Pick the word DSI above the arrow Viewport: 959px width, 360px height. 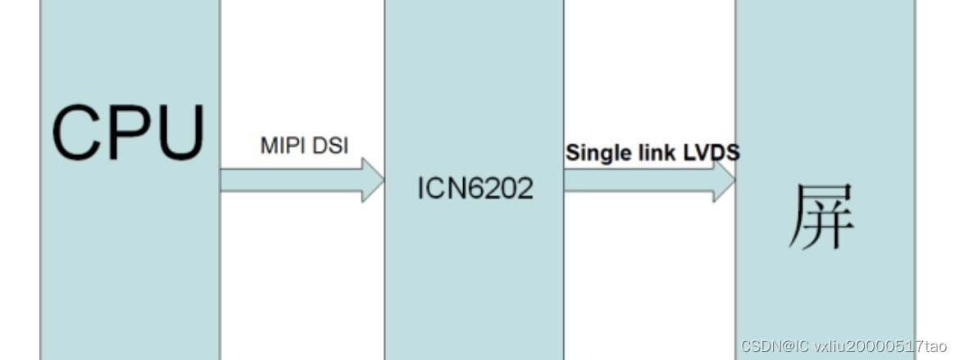point(330,147)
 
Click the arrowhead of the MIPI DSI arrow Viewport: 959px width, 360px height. point(373,180)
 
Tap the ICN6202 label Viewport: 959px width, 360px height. point(475,189)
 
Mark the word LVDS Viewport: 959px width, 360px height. point(711,153)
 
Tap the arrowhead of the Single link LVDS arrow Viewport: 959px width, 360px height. point(725,181)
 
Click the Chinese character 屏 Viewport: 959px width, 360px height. point(821,216)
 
